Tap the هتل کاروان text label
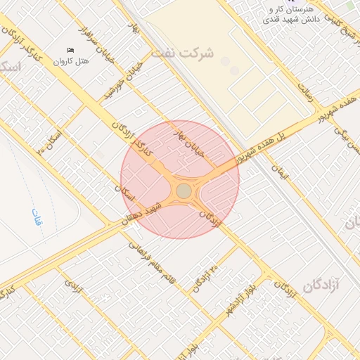pyautogui.click(x=75, y=61)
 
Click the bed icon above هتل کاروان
pyautogui.click(x=70, y=51)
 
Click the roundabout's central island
pyautogui.click(x=184, y=191)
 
